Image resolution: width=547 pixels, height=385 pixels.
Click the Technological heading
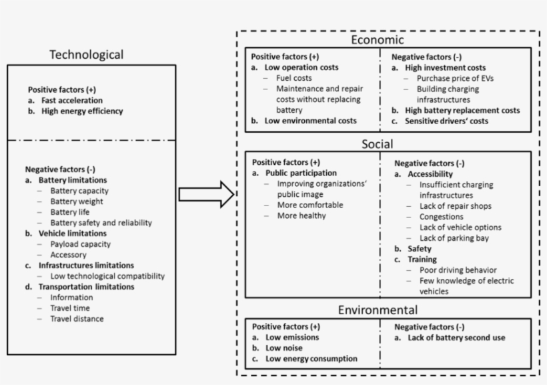click(x=87, y=55)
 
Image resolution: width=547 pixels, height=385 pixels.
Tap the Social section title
click(x=378, y=143)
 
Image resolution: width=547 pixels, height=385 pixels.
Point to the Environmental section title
click(x=378, y=310)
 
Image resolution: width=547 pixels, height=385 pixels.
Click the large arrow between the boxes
click(x=206, y=195)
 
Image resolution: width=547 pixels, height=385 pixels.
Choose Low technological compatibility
click(x=107, y=276)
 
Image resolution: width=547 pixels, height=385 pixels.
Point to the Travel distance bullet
click(x=77, y=319)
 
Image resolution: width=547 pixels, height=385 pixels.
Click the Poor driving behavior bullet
click(x=458, y=270)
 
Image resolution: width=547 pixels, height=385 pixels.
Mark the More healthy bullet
click(x=302, y=216)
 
